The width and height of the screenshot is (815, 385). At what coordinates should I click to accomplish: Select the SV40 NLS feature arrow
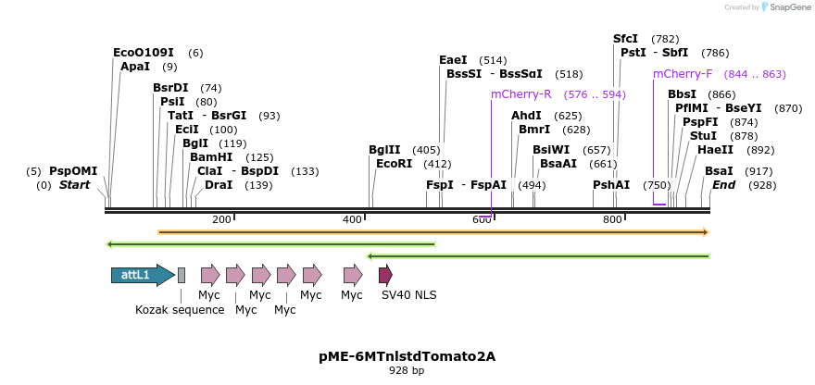click(x=385, y=275)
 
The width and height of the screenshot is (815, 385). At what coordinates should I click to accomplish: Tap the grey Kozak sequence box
click(x=182, y=275)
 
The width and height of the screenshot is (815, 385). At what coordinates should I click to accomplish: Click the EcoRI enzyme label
click(x=394, y=164)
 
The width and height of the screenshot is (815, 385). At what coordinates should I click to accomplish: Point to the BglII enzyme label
click(x=384, y=150)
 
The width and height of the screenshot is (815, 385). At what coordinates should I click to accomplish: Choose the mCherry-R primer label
click(x=521, y=94)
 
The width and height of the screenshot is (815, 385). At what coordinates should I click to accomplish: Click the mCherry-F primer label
click(x=683, y=74)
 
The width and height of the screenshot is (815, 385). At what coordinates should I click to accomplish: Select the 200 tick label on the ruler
click(x=221, y=219)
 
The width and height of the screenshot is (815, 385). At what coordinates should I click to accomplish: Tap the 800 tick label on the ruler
click(x=612, y=219)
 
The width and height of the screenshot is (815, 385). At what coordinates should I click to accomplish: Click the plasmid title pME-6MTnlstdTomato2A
click(x=407, y=355)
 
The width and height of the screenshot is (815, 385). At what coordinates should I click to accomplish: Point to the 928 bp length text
click(x=407, y=370)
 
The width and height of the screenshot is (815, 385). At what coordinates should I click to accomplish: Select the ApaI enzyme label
click(x=135, y=67)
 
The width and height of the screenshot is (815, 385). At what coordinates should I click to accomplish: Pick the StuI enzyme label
click(x=703, y=136)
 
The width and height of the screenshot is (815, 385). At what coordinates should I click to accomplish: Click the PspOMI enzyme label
click(x=73, y=171)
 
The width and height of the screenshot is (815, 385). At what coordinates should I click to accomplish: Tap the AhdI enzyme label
click(x=526, y=116)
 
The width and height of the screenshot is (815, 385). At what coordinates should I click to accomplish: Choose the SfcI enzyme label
click(x=626, y=39)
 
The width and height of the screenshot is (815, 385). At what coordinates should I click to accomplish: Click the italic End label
click(x=723, y=185)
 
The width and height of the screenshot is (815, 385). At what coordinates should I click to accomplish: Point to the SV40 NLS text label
click(x=408, y=295)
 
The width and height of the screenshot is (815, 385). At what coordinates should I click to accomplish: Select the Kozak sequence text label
click(x=180, y=310)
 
